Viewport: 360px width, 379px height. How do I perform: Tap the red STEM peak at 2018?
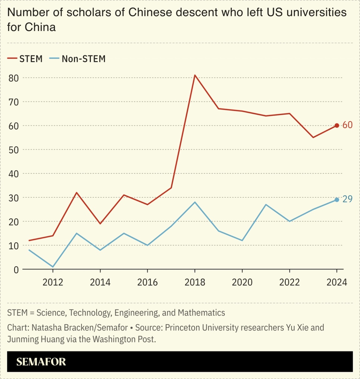(x=195, y=75)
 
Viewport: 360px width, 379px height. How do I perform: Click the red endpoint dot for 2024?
(x=337, y=125)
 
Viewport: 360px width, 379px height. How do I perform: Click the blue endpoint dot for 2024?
(x=337, y=200)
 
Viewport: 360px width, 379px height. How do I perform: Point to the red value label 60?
(x=347, y=125)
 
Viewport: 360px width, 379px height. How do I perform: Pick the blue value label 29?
(x=347, y=199)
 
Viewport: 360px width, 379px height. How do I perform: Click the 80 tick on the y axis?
(x=14, y=78)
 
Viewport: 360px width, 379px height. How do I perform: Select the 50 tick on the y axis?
(x=14, y=150)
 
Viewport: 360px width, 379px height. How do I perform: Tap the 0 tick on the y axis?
(x=16, y=270)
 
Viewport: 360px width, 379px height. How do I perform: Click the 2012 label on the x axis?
(x=53, y=282)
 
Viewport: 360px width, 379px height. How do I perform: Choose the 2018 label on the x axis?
(x=195, y=282)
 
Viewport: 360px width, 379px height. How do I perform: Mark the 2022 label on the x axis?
(x=289, y=282)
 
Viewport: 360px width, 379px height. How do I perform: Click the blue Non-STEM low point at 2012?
(x=53, y=267)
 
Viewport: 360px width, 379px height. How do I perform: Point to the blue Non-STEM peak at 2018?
(x=195, y=202)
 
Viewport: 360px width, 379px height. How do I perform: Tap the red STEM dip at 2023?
(x=313, y=137)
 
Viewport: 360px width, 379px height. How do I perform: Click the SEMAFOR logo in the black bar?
(x=41, y=362)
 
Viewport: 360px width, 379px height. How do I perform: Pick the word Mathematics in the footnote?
(x=201, y=313)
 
